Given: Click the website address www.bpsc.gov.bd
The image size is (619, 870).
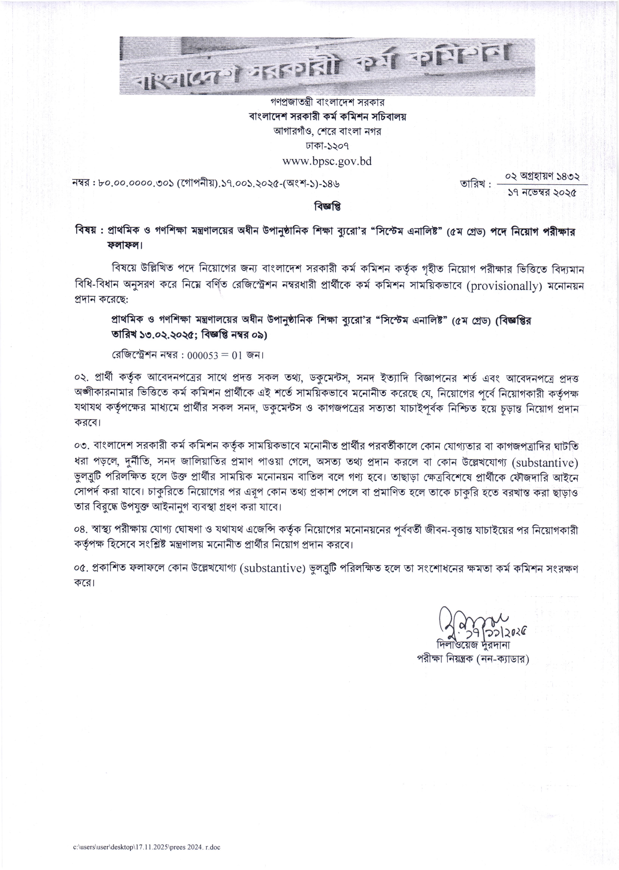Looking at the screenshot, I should (327, 161).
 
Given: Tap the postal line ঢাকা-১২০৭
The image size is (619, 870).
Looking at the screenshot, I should (327, 146).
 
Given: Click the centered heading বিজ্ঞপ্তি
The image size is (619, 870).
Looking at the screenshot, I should (327, 207).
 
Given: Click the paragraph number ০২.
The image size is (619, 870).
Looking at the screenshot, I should (81, 378).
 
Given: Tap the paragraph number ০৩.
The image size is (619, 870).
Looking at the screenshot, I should (81, 446).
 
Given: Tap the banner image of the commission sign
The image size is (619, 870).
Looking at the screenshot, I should (327, 65).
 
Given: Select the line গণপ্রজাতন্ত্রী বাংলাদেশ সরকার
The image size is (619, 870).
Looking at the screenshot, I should (327, 102).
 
